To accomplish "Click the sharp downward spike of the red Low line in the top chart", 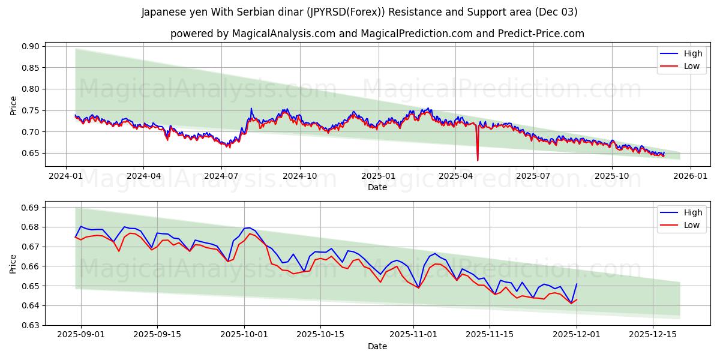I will point(478,160).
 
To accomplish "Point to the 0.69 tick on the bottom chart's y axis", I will point(30,208).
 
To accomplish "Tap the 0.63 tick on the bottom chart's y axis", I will point(30,325).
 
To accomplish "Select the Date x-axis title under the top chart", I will point(377,187).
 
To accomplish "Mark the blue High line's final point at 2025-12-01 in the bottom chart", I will point(577,284).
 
